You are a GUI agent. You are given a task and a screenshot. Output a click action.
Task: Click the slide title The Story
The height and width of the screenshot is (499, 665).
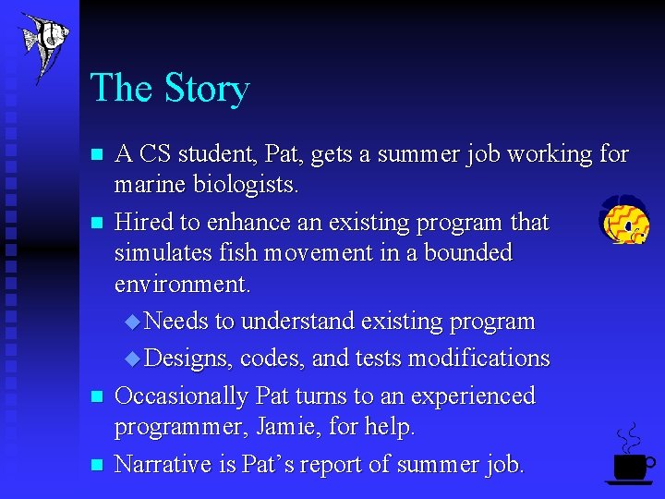point(170,89)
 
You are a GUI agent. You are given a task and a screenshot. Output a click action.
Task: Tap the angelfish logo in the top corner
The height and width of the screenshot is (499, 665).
point(44,44)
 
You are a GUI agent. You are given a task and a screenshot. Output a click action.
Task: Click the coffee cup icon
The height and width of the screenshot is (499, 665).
point(630,462)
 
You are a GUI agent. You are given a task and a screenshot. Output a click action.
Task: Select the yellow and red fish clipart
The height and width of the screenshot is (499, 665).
point(623,221)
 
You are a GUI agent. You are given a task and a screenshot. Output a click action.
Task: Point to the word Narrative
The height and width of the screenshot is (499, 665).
point(163,464)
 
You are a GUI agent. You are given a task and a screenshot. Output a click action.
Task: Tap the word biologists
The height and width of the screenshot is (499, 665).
point(246,185)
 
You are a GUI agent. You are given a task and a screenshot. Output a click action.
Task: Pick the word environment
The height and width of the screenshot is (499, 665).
point(181,284)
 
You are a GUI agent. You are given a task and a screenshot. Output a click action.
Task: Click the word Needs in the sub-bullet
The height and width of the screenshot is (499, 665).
point(176,322)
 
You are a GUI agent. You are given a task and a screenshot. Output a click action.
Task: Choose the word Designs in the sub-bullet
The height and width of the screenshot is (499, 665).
point(188,358)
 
